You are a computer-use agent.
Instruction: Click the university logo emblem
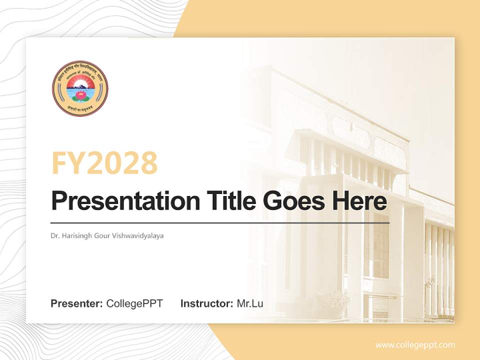coord(80,88)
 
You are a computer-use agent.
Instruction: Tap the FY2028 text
coord(104,163)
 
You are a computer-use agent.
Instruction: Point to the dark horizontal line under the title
coord(220,222)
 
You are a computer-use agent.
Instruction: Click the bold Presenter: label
coord(77,303)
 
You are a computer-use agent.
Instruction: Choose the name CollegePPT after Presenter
coord(134,303)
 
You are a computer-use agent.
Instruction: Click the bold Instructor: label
coord(206,303)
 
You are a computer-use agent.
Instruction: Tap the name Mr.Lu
coord(249,303)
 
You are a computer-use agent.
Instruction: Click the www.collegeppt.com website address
coord(415,344)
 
